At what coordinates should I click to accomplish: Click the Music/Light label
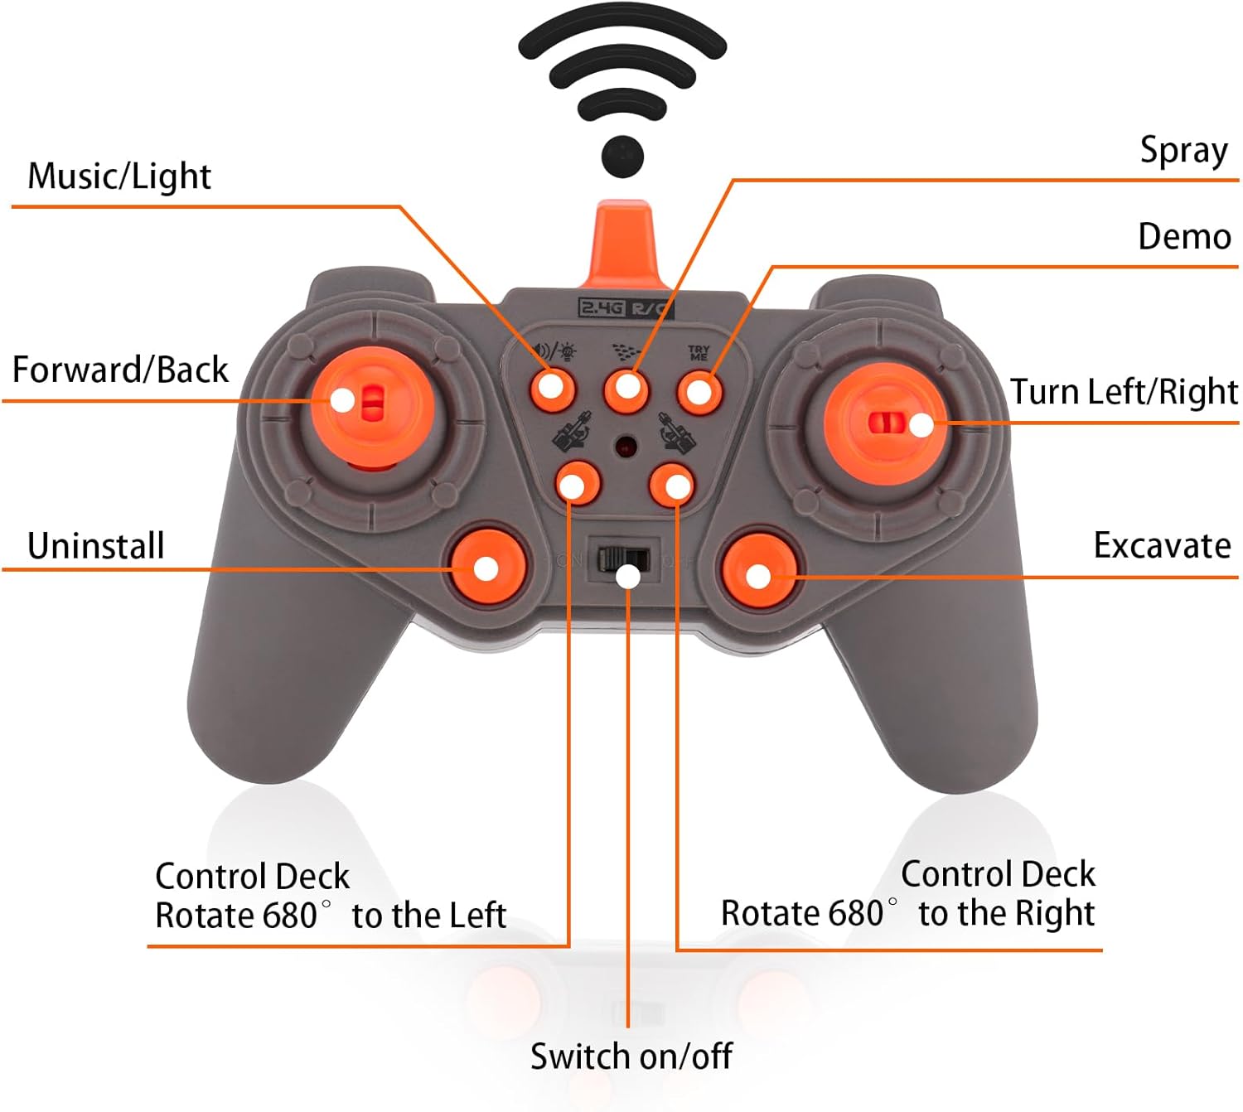click(119, 176)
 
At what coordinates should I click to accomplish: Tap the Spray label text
click(1183, 151)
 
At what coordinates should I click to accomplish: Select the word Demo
click(1184, 237)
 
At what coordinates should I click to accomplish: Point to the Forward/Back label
click(120, 370)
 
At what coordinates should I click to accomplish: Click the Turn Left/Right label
click(1123, 392)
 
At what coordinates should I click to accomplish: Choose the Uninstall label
click(96, 546)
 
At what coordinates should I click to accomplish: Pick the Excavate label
click(1162, 546)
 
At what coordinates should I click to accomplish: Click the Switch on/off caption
click(631, 1056)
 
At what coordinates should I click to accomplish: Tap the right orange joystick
click(887, 423)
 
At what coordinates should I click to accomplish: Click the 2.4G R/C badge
click(625, 308)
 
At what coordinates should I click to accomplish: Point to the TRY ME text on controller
click(699, 354)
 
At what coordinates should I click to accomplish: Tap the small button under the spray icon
click(626, 388)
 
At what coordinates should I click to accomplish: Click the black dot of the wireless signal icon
click(622, 155)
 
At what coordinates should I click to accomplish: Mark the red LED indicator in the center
click(626, 447)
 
